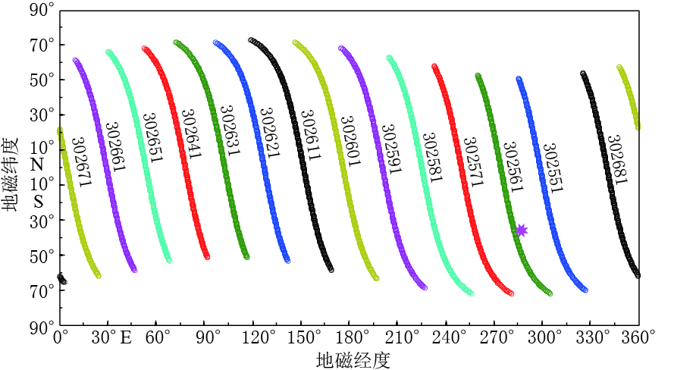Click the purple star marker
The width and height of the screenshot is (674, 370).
pyautogui.click(x=521, y=230)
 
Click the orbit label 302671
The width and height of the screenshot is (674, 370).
pyautogui.click(x=79, y=161)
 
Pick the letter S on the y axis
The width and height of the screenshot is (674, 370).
pyautogui.click(x=37, y=202)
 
